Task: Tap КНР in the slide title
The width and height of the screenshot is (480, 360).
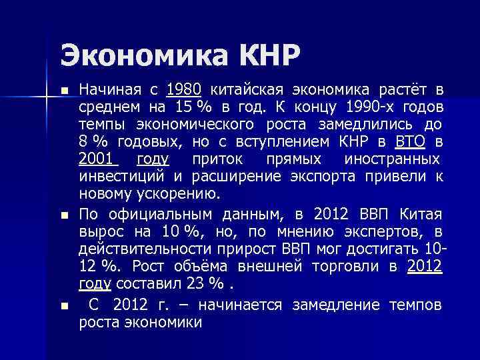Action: [261, 54]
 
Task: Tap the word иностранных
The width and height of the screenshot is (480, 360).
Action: [392, 159]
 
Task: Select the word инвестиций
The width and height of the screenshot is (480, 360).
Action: [122, 177]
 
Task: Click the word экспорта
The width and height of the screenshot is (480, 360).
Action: [321, 177]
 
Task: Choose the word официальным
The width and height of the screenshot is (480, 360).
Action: [160, 214]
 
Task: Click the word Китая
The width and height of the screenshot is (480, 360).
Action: [421, 214]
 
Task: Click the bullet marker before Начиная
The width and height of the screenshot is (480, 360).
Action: [64, 91]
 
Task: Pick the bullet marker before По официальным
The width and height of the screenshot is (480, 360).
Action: [64, 215]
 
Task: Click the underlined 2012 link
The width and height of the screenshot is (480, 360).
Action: [424, 266]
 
